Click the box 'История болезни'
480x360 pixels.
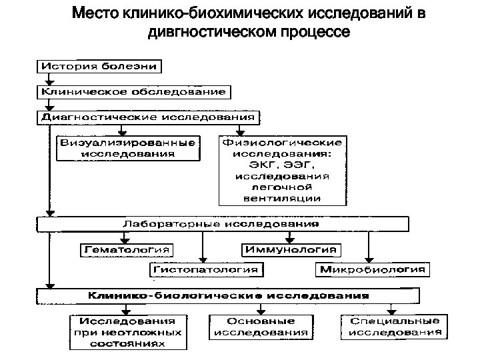click(100, 66)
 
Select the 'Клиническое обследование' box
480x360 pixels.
click(133, 91)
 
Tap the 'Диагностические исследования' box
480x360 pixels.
click(147, 117)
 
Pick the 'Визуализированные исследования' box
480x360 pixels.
click(128, 148)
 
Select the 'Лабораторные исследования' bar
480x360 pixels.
click(221, 224)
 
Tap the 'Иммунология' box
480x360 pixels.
click(290, 250)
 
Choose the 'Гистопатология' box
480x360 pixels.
click(206, 270)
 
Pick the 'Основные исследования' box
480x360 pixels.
click(261, 326)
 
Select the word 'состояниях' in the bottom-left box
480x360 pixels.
click(129, 344)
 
